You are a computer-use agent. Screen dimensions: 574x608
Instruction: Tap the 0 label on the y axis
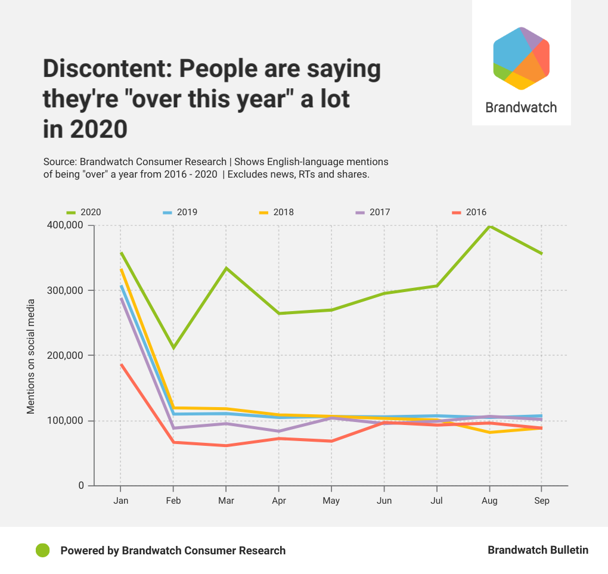click(81, 486)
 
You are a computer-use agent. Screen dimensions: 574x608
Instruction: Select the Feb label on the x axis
click(173, 501)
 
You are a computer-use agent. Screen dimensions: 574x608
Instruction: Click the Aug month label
click(489, 501)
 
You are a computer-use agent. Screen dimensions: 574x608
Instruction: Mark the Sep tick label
click(542, 501)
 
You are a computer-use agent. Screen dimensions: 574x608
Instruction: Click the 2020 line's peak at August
click(489, 226)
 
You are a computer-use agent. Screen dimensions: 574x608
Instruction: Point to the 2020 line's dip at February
click(173, 347)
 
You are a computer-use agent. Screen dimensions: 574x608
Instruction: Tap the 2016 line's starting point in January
click(121, 364)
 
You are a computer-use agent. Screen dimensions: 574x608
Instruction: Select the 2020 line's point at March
click(226, 268)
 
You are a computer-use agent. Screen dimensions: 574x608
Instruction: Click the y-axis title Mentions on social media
click(30, 356)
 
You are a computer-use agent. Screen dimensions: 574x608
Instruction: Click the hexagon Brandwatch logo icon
click(521, 58)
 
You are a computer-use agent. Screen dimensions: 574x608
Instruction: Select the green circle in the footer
click(42, 550)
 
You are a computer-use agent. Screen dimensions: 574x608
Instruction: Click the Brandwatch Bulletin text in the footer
click(538, 550)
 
